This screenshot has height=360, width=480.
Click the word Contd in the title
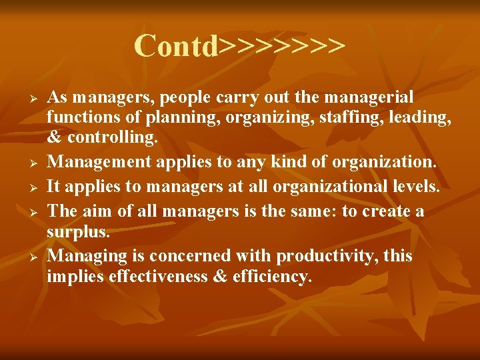(177, 46)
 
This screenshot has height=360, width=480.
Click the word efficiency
(272, 277)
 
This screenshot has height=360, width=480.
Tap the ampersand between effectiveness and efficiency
(220, 277)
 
